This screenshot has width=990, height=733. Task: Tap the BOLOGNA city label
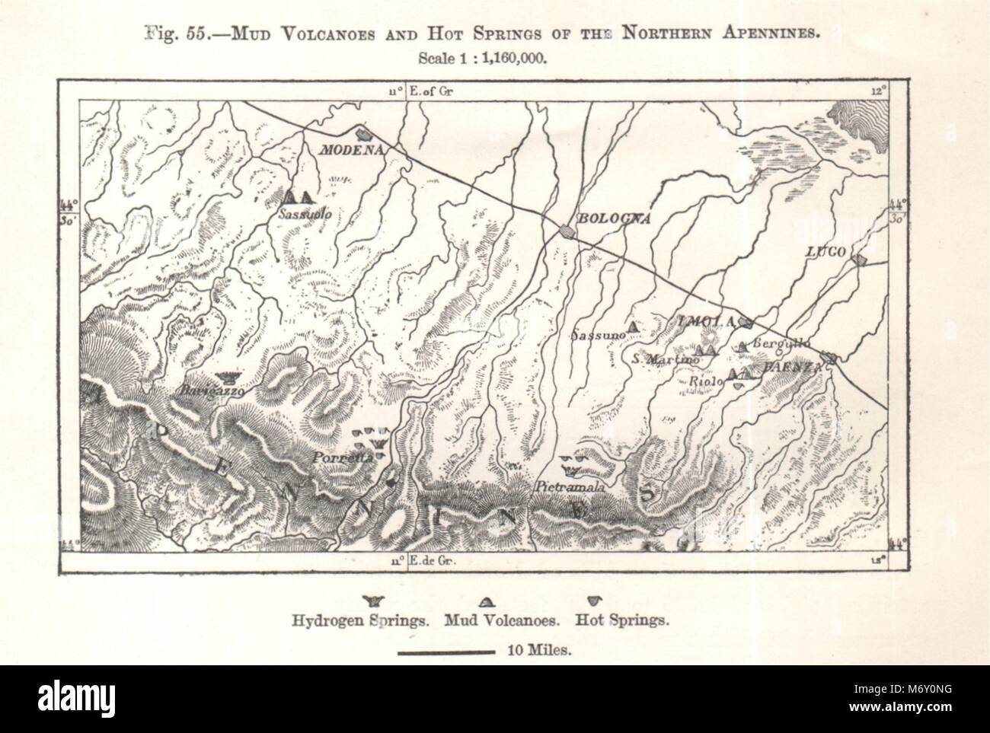[614, 218]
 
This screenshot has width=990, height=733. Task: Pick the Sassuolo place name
[304, 214]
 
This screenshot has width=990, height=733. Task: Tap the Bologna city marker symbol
[566, 229]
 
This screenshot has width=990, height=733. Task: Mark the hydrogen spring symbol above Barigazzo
[226, 377]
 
